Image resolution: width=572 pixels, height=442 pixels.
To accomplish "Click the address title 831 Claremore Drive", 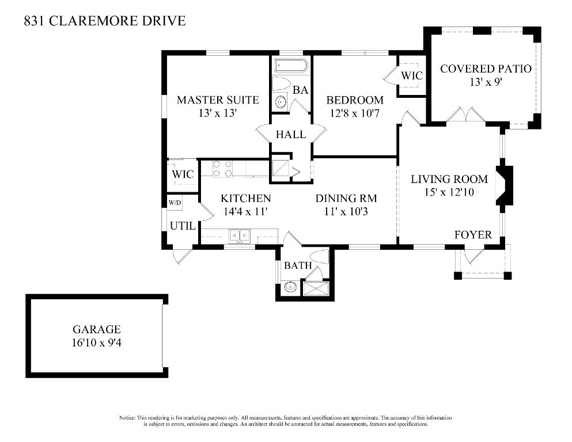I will click(x=105, y=21).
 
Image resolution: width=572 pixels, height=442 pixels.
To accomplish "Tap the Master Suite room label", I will click(x=218, y=100).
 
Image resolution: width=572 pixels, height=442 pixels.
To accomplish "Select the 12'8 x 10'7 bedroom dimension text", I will click(x=355, y=113).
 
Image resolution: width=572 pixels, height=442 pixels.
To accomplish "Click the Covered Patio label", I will click(x=486, y=69).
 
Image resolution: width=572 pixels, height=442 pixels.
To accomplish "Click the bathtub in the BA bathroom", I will click(x=291, y=66).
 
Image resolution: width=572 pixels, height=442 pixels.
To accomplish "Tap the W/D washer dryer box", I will click(x=175, y=203).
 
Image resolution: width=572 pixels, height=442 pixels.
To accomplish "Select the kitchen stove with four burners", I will click(x=223, y=168).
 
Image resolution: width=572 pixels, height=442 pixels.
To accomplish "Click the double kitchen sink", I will click(x=238, y=235).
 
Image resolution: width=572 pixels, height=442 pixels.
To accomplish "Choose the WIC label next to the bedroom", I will click(x=412, y=75).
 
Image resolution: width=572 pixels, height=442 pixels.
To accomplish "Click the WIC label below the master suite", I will click(x=183, y=174).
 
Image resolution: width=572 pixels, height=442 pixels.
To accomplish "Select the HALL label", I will click(x=291, y=135).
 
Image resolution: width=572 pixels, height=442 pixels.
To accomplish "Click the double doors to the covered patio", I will click(x=465, y=115).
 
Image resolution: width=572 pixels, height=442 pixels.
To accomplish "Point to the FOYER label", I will click(x=473, y=234).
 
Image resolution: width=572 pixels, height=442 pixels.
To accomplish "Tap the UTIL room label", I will click(x=183, y=226).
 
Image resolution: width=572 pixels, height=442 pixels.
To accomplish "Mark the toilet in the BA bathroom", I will click(x=282, y=83).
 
